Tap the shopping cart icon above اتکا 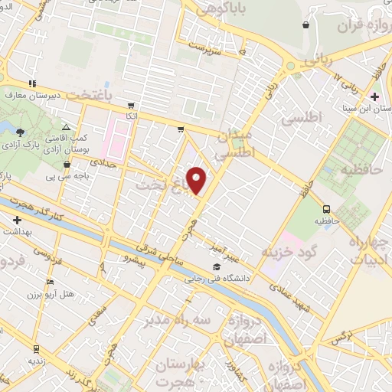pos(131,105)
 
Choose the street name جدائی pos(103,162)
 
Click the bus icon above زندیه pos(34,347)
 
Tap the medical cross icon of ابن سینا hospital pos(374,97)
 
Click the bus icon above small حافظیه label pos(327,208)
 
